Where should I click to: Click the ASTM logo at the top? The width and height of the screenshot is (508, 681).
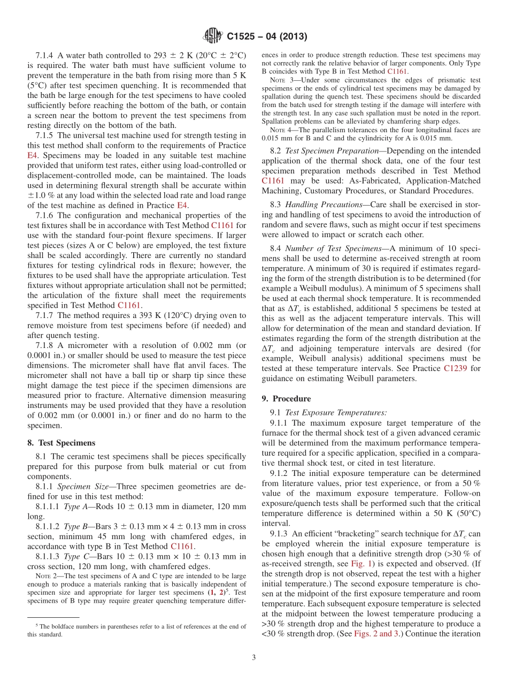(x=213, y=36)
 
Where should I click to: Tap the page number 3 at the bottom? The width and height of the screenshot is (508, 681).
(x=254, y=657)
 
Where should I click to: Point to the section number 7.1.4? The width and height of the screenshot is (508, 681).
(x=45, y=55)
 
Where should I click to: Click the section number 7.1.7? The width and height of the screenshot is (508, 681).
(x=45, y=316)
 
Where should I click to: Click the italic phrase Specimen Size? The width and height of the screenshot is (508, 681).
(x=82, y=487)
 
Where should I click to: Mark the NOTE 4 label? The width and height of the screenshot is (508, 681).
(x=280, y=130)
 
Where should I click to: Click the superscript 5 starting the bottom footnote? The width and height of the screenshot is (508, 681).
(x=37, y=625)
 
